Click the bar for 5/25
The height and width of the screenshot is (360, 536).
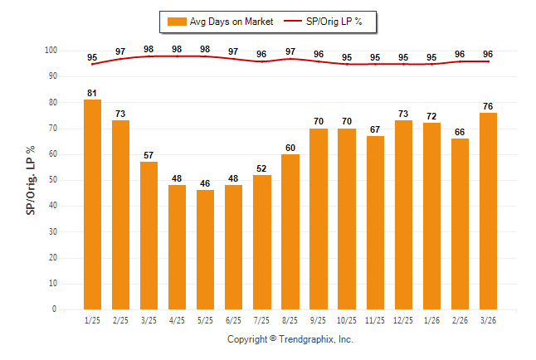click(x=205, y=249)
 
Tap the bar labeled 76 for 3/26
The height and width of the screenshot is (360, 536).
click(x=488, y=211)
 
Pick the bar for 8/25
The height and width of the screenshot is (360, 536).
click(x=290, y=231)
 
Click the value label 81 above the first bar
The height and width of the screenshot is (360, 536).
click(x=93, y=93)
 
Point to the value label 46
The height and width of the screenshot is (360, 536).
click(x=205, y=183)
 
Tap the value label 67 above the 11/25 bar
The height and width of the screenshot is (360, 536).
click(x=375, y=129)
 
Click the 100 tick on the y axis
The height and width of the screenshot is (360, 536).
click(x=51, y=51)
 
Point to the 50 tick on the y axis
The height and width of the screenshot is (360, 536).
click(x=52, y=180)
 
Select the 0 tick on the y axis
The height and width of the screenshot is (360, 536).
click(x=55, y=309)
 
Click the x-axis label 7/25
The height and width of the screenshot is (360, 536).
click(x=261, y=320)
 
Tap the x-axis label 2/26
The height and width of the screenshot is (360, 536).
click(x=460, y=320)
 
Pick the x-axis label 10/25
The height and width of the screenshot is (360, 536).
click(x=346, y=320)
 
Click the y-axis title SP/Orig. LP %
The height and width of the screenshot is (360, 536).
click(x=31, y=180)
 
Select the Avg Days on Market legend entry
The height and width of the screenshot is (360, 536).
click(x=219, y=22)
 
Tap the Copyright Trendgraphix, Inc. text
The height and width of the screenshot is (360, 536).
click(x=290, y=339)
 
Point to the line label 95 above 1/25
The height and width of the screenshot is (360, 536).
click(x=92, y=57)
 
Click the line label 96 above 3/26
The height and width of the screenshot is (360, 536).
click(x=488, y=54)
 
